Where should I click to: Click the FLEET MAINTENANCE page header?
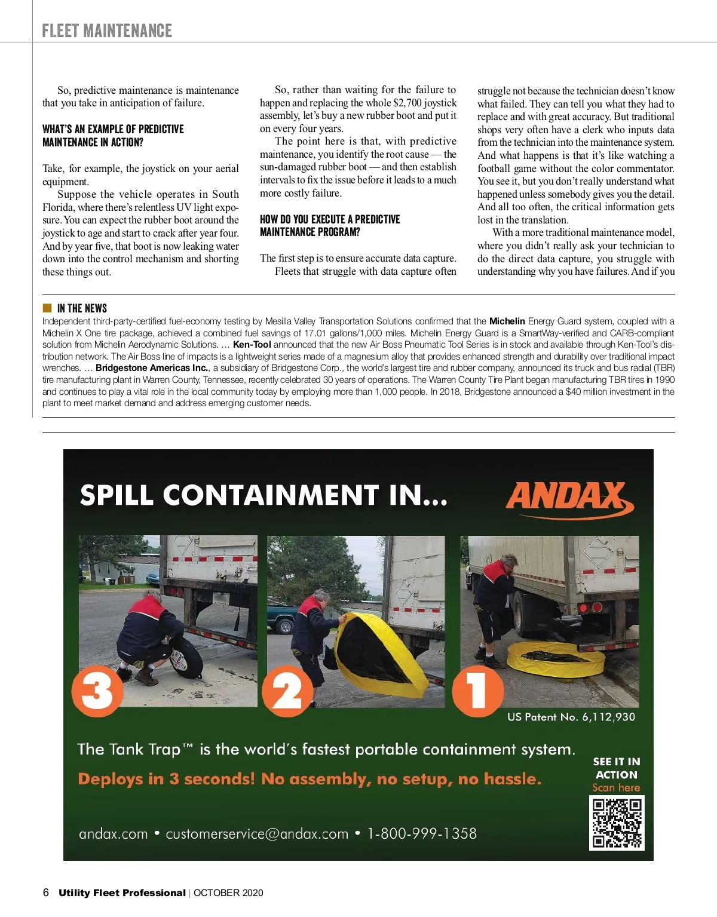click(107, 30)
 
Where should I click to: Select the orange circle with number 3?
click(97, 691)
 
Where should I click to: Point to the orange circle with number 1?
click(477, 691)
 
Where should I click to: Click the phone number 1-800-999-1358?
click(422, 833)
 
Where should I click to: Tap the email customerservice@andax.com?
click(257, 833)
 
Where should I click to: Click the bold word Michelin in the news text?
click(507, 321)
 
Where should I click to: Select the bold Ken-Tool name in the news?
click(252, 345)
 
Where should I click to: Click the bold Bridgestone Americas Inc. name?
click(152, 368)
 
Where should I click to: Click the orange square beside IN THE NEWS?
click(47, 308)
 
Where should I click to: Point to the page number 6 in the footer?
click(46, 893)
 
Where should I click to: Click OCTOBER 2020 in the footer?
click(228, 893)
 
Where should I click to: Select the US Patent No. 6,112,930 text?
click(571, 717)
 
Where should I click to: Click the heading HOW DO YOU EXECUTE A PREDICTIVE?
click(330, 219)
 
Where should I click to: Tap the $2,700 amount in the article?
click(407, 103)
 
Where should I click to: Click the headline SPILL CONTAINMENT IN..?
click(263, 495)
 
